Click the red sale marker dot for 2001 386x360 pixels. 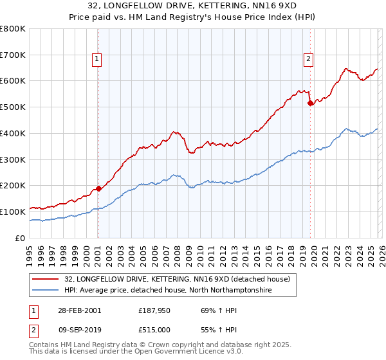click(x=98, y=188)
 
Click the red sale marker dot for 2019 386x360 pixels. click(x=310, y=102)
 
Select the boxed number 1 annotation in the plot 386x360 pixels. click(x=96, y=59)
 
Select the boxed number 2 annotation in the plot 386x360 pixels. click(x=308, y=59)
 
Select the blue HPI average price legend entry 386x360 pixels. click(x=168, y=291)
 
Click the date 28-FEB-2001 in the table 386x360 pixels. click(x=78, y=310)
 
